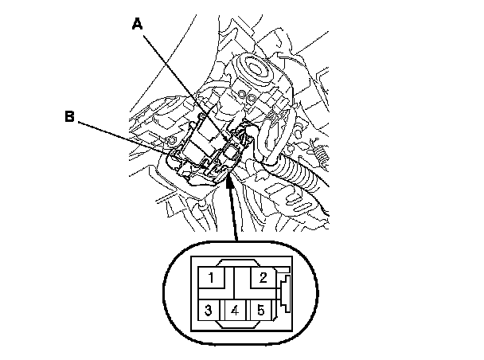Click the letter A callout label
[137, 25]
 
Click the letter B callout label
[70, 117]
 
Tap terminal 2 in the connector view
[260, 278]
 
